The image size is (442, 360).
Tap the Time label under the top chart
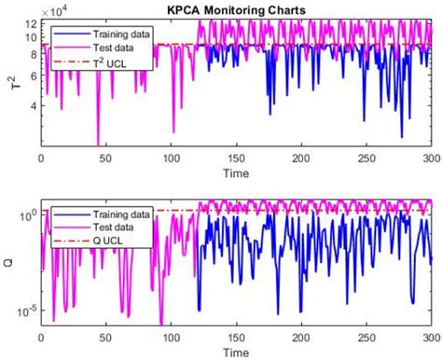click(237, 173)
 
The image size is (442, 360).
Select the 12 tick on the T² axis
click(29, 24)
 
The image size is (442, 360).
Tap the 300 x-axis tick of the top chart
click(433, 159)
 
